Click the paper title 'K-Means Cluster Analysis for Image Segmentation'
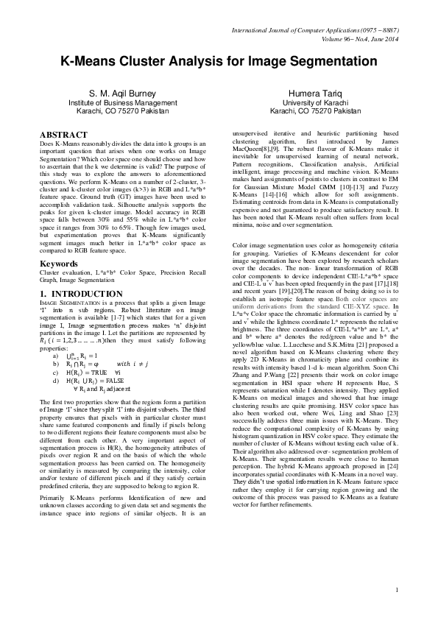pos(219,65)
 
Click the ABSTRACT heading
pos(62,135)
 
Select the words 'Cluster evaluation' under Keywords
pos(61,272)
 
